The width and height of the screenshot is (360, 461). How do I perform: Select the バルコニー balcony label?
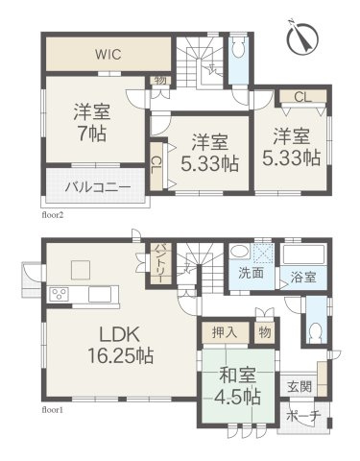[x=92, y=185]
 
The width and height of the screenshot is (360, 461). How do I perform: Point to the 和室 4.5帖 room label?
[x=234, y=384]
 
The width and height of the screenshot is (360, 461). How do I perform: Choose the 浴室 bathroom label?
[x=302, y=276]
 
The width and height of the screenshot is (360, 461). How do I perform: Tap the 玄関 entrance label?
[x=299, y=387]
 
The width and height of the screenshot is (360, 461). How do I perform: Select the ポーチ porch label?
[x=305, y=418]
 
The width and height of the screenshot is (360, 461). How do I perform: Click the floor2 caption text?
[x=53, y=215]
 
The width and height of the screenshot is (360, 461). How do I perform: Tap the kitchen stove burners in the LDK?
[x=57, y=294]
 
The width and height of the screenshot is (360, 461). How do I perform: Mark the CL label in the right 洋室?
[x=301, y=96]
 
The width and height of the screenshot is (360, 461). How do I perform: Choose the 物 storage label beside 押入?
[x=264, y=332]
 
